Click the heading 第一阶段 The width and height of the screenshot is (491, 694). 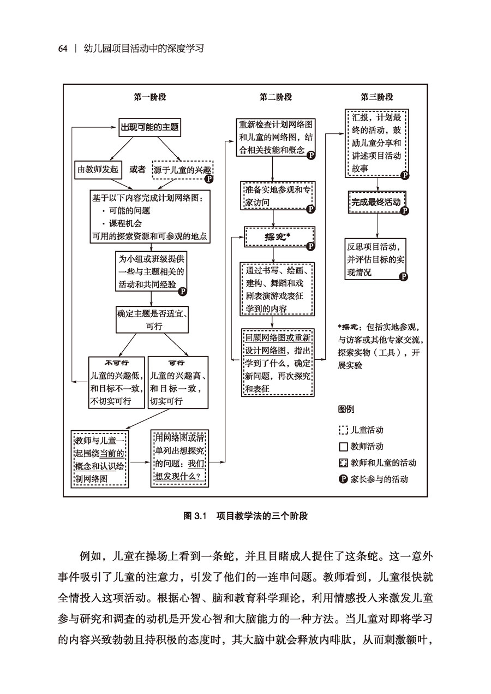[x=149, y=97]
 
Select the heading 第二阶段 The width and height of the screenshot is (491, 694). [x=276, y=97]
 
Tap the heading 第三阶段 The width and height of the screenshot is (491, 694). [x=376, y=97]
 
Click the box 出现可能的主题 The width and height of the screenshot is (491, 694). [x=149, y=127]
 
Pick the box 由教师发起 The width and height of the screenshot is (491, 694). [x=98, y=169]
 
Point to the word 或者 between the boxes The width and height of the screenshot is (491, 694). [x=137, y=170]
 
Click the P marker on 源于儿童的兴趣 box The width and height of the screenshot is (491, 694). [x=208, y=179]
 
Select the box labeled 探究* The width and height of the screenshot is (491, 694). [x=279, y=237]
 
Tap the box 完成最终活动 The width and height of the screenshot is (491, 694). [x=376, y=202]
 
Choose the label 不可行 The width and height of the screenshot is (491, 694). [x=117, y=362]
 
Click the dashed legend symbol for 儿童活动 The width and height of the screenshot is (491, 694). [x=343, y=430]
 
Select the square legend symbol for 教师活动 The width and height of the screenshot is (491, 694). [x=343, y=447]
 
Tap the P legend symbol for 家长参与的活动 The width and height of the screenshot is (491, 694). [x=343, y=479]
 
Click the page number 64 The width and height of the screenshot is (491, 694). [x=63, y=49]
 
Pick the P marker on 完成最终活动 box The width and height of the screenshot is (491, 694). [x=404, y=211]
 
